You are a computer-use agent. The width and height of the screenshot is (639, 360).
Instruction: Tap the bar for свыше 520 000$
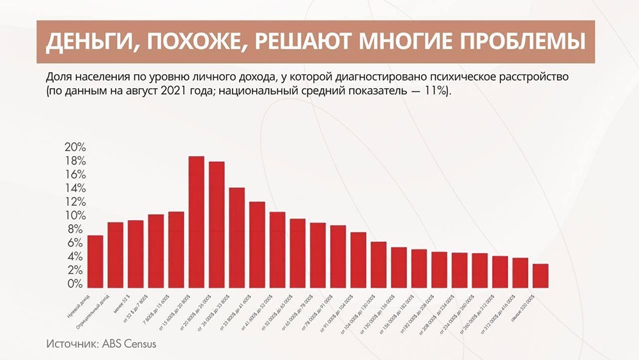540,275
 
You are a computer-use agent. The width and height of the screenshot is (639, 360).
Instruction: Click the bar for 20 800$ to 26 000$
217,224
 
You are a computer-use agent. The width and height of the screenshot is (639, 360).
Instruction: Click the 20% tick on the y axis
75,147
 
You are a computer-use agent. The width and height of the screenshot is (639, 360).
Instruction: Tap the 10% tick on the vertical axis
75,215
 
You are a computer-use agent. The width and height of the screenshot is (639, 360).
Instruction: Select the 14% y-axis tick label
75,188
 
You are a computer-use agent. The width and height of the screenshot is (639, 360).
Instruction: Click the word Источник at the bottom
69,344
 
